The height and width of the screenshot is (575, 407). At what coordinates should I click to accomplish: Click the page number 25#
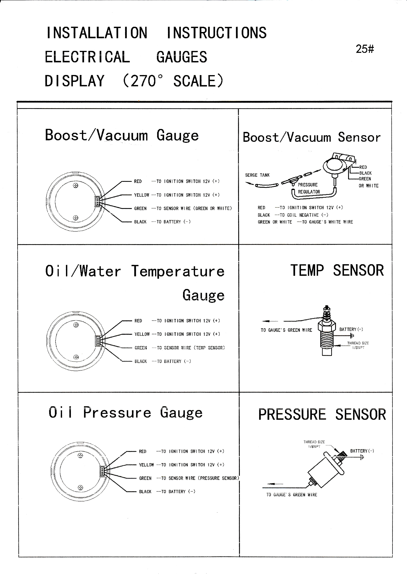tap(365, 49)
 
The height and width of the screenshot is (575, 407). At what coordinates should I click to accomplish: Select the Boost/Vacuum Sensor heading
tap(311, 137)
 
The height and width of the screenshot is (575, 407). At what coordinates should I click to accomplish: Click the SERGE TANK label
tap(257, 175)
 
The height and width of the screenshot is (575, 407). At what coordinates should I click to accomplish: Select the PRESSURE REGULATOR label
tap(309, 188)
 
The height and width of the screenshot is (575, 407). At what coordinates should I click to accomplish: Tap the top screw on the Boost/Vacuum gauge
tap(75, 185)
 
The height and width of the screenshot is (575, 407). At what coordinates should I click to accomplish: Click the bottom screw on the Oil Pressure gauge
tap(80, 487)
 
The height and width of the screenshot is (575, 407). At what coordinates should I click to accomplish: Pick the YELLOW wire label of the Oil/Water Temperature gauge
tap(142, 334)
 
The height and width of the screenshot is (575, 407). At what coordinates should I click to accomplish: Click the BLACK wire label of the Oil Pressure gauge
tap(145, 492)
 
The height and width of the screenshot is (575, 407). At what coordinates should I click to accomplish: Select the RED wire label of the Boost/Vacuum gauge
tap(138, 181)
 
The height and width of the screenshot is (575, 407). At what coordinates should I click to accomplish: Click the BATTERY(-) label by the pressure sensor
tap(362, 451)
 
